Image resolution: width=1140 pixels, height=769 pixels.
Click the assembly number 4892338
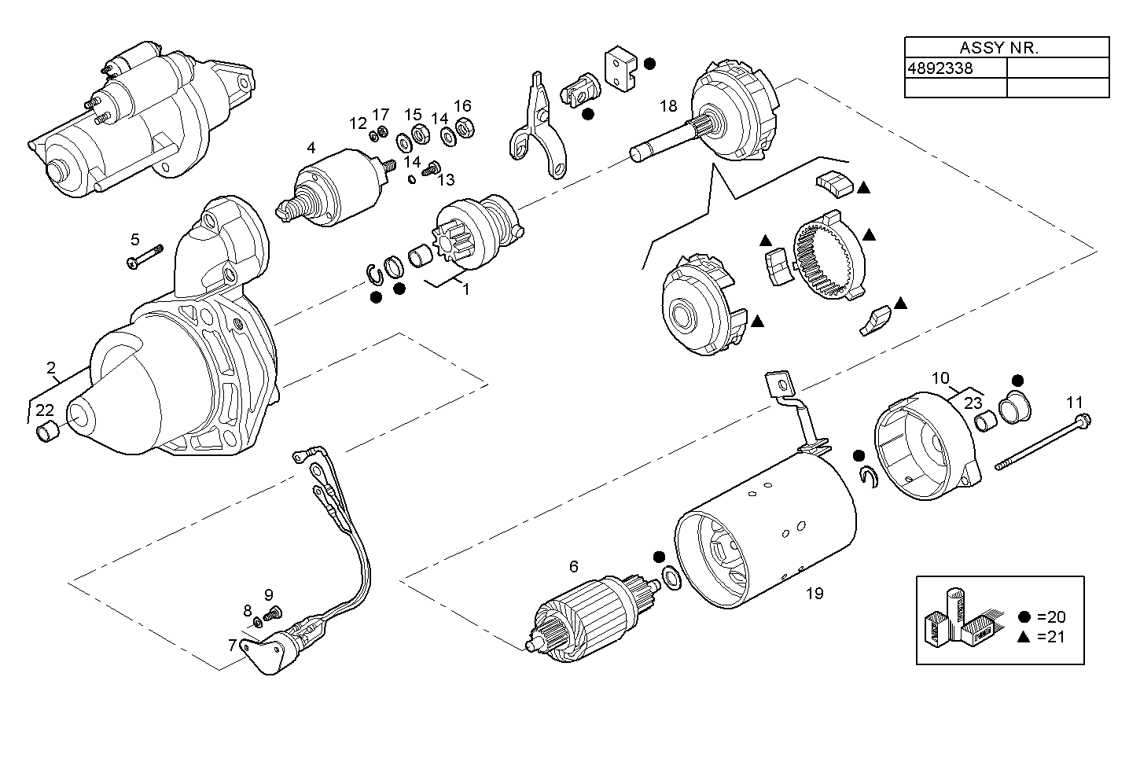click(x=940, y=68)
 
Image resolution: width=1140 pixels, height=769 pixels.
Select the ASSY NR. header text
click(x=998, y=47)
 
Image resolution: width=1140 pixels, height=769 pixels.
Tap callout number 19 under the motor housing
click(x=815, y=594)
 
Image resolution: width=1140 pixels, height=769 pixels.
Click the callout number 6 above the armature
click(x=573, y=566)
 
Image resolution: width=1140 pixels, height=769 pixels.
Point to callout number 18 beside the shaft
click(x=668, y=107)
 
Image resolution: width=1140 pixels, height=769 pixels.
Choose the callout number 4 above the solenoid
click(x=311, y=147)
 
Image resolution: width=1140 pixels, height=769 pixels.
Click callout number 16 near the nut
click(x=462, y=106)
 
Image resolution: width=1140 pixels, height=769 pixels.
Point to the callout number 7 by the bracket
click(x=232, y=646)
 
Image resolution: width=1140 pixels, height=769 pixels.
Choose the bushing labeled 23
click(x=985, y=423)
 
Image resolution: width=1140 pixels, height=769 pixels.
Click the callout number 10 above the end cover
click(x=940, y=377)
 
